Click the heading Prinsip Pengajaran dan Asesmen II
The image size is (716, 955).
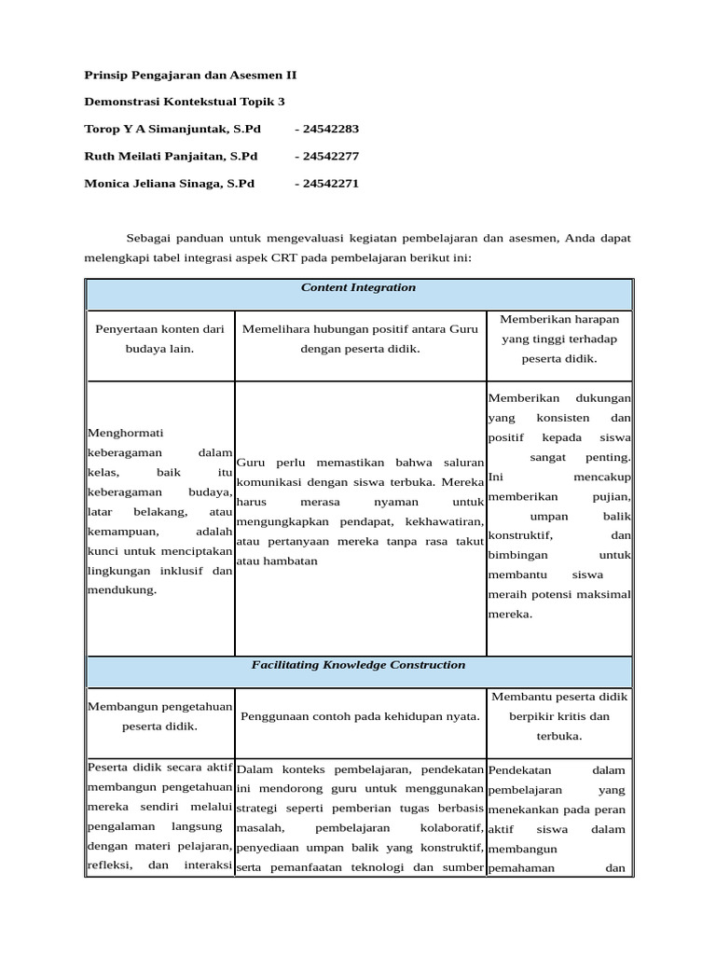tap(190, 74)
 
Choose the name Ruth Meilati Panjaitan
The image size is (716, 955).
tap(171, 156)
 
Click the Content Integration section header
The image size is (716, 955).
tap(358, 288)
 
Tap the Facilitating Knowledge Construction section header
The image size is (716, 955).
tap(358, 666)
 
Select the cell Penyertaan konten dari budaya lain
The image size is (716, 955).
tap(159, 339)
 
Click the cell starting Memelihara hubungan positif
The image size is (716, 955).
tap(360, 339)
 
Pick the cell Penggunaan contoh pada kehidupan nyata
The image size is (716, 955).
tap(360, 716)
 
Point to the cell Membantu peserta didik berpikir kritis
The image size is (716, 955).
tap(558, 716)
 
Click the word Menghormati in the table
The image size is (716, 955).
tap(125, 433)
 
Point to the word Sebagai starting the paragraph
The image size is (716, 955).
tap(151, 238)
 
